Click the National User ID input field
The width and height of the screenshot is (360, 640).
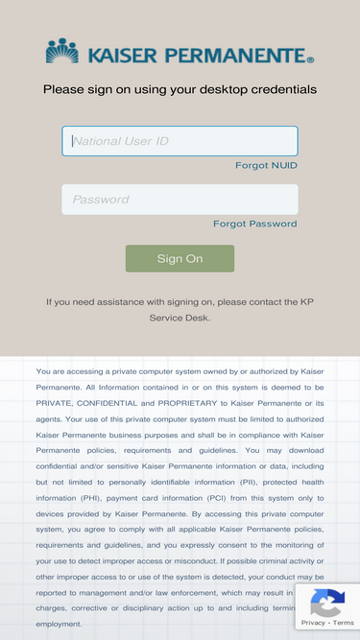coord(180,141)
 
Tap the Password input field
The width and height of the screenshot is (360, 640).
coord(180,200)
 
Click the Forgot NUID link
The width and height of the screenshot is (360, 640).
coord(266,166)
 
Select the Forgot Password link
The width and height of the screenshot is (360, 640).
coord(254,225)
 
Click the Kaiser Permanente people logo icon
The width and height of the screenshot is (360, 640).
coord(62,52)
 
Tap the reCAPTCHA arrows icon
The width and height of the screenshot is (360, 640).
coord(327,604)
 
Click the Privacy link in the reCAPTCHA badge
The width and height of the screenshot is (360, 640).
coord(313,624)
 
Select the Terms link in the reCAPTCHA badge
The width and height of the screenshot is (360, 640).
coord(344,624)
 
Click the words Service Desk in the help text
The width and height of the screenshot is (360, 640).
coord(180,318)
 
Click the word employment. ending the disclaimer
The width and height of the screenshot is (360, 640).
coord(60,624)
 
